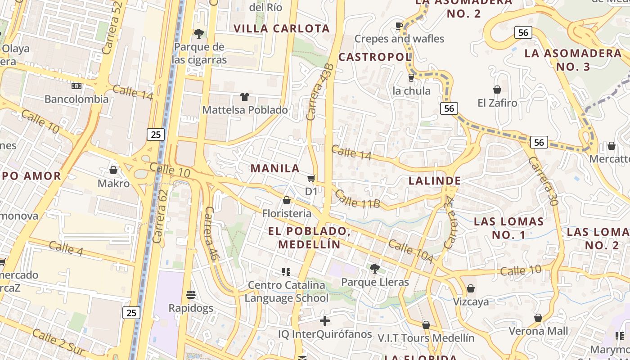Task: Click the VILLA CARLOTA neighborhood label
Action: (x=282, y=28)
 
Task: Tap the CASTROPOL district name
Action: (x=375, y=57)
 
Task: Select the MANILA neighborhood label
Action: (x=275, y=168)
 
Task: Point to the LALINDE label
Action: (x=435, y=181)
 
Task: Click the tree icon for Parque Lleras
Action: (x=374, y=269)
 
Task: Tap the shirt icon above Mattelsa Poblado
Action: (x=245, y=96)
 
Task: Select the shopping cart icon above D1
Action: (x=311, y=178)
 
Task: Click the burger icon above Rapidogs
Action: (x=191, y=295)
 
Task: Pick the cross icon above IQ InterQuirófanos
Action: (x=324, y=321)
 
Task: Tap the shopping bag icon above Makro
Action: (x=113, y=170)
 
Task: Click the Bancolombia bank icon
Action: (x=76, y=85)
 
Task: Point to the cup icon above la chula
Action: (x=411, y=77)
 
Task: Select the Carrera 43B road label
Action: (x=320, y=92)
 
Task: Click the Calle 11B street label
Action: (x=358, y=199)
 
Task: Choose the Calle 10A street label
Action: (x=410, y=252)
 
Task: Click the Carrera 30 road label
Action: (x=543, y=181)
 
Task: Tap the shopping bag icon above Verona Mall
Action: (x=538, y=318)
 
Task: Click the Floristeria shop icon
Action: (x=287, y=200)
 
